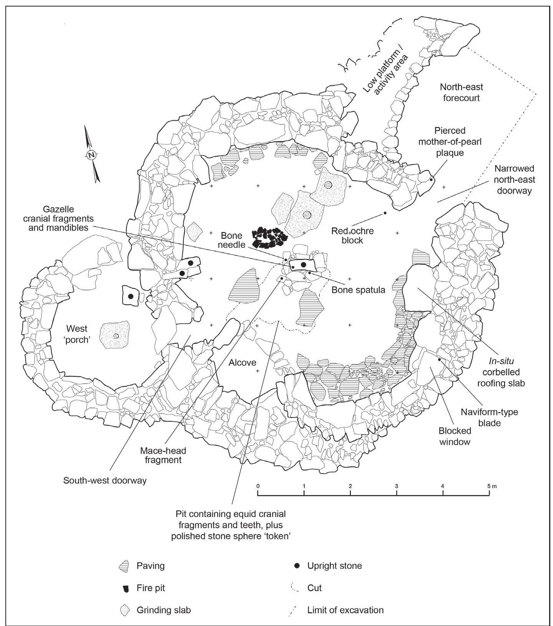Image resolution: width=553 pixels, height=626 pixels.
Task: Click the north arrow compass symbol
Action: pos(91,155)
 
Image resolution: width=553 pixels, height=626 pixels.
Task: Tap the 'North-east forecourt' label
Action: pos(461,92)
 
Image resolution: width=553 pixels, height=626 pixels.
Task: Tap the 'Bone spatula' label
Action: pos(358,290)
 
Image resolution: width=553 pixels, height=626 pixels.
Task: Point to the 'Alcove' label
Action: pos(242,362)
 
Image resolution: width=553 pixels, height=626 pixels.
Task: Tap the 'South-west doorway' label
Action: pos(105,480)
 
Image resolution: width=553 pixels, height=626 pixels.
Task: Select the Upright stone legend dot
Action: pos(297,566)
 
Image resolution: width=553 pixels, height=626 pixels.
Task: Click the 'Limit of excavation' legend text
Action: pos(345,610)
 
